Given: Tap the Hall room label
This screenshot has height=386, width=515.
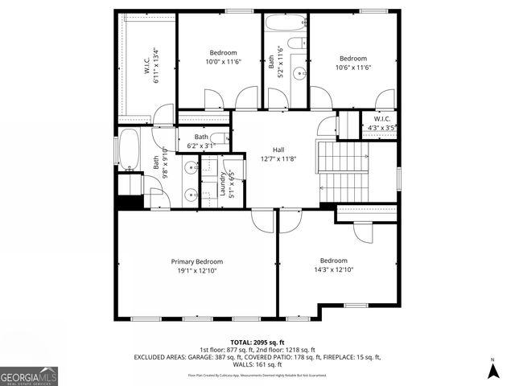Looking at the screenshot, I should tap(278, 150).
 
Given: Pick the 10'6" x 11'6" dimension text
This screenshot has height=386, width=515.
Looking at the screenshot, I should tap(352, 68).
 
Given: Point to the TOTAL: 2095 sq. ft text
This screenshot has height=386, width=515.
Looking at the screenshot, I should tap(257, 343).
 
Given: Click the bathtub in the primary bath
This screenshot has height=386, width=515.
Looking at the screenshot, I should tap(129, 150).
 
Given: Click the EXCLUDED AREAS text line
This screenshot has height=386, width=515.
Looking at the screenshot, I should tap(257, 356).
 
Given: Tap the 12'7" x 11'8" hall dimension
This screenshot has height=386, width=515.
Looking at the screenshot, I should tap(278, 159).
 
